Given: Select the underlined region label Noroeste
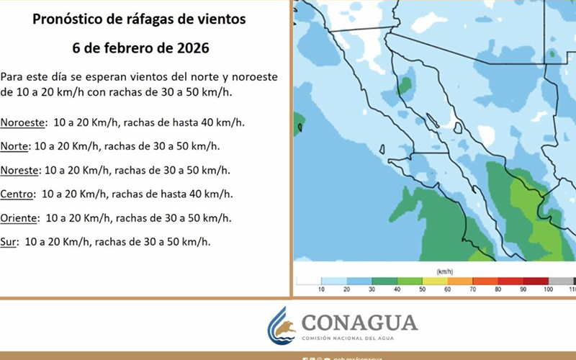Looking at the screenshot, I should (24, 122).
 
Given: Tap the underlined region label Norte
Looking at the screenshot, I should (15, 146).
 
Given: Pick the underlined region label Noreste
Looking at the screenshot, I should (21, 170).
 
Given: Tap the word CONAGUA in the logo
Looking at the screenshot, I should (359, 321).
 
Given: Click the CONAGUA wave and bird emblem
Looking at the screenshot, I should (282, 325).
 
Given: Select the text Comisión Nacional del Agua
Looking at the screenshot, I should (359, 338).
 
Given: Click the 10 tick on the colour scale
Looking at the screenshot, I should (322, 289).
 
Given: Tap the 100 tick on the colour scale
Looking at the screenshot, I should (549, 289).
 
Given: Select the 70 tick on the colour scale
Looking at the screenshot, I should (473, 289).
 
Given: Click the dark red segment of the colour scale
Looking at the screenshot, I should (536, 281).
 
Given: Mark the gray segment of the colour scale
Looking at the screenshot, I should (561, 281).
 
